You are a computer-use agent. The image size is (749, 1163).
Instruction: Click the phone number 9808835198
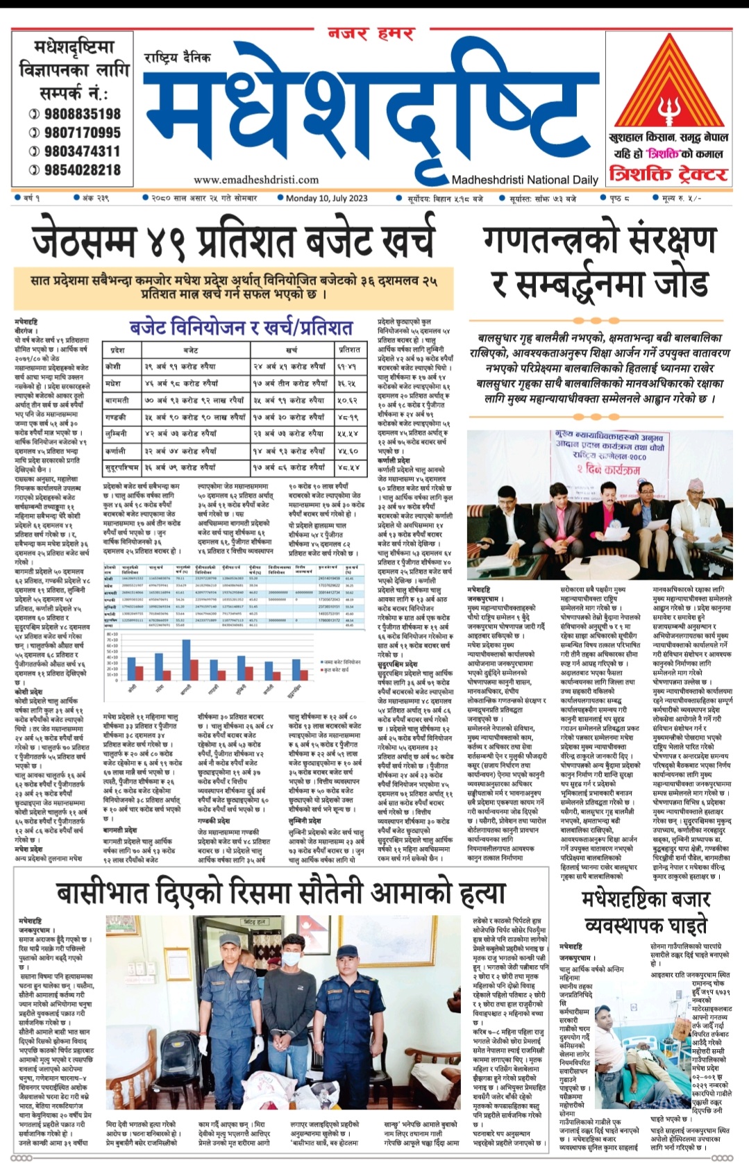pyautogui.click(x=82, y=114)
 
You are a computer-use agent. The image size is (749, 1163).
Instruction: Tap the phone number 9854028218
pyautogui.click(x=82, y=170)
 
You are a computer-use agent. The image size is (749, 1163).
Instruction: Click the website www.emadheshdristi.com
pyautogui.click(x=256, y=180)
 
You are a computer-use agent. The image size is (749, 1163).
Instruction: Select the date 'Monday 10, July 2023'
pyautogui.click(x=326, y=198)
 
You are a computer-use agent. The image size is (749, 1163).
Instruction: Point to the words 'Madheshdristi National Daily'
pyautogui.click(x=524, y=180)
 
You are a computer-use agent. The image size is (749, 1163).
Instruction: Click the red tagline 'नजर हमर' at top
pyautogui.click(x=372, y=33)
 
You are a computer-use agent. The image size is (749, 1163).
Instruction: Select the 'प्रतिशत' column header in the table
pyautogui.click(x=348, y=350)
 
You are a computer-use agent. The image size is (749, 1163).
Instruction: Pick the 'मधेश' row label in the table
pyautogui.click(x=112, y=383)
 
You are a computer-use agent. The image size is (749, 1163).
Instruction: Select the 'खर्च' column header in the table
pyautogui.click(x=292, y=350)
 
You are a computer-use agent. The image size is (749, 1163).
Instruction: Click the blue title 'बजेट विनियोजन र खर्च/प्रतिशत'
pyautogui.click(x=241, y=328)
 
